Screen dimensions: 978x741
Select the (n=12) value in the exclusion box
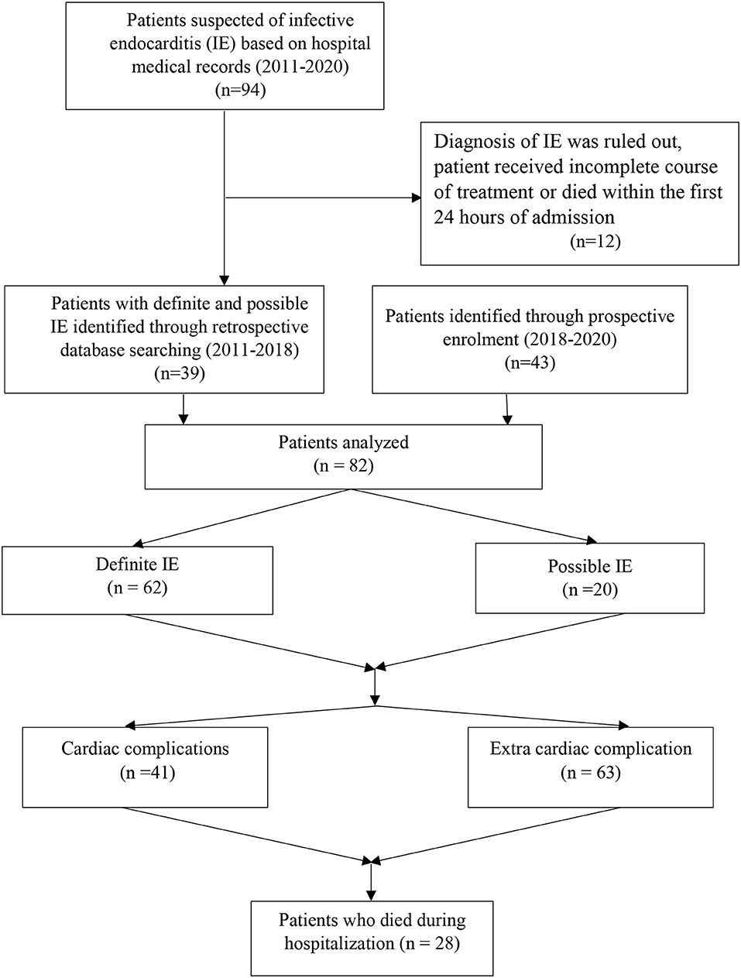[595, 242]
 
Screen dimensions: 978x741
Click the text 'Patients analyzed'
[343, 443]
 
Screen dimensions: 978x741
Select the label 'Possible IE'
[590, 566]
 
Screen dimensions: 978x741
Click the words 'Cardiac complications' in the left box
[145, 749]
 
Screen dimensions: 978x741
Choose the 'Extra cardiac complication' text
[590, 749]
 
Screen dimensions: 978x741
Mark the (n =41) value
[145, 772]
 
